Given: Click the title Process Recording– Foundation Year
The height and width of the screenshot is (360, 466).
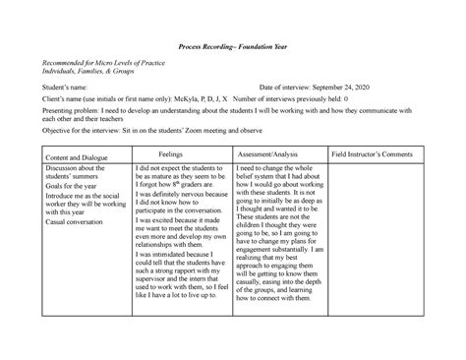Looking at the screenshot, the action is click(233, 47).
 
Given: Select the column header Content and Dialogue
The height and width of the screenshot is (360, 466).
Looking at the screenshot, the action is click(70, 157).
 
